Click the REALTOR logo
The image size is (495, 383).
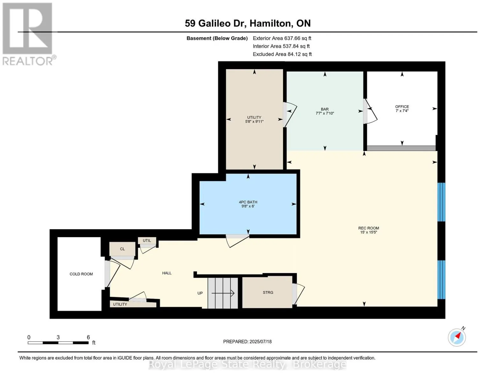point(28,34)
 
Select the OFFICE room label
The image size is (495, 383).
point(402,107)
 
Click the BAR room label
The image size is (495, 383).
point(324,109)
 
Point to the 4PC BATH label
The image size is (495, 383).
point(248,202)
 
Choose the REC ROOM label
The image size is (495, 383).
point(368,228)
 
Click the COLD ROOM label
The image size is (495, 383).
point(81,274)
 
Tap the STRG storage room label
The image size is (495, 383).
point(268,292)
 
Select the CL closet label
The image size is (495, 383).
point(122,249)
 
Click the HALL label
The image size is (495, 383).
point(167,273)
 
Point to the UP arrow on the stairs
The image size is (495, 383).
point(223,293)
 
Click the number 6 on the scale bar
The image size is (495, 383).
point(88,337)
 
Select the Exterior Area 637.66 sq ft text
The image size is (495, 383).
point(282,38)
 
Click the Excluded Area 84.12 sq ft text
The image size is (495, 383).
point(282,54)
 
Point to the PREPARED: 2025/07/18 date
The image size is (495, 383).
point(247,342)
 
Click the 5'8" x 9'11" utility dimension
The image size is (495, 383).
point(254,122)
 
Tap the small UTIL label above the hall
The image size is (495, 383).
point(147,240)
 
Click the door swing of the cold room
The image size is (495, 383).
point(113,274)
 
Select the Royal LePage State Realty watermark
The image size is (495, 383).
point(247,364)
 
